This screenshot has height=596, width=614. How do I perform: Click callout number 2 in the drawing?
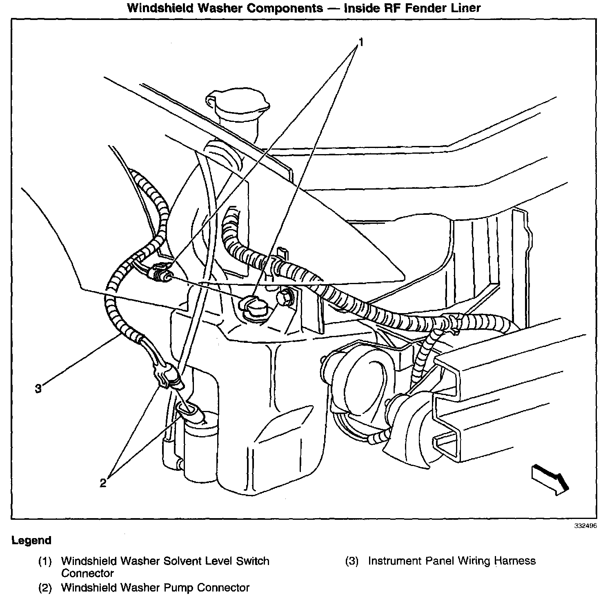pyautogui.click(x=103, y=483)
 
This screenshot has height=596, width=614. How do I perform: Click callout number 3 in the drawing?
pyautogui.click(x=38, y=389)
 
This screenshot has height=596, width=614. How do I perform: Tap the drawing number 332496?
pyautogui.click(x=585, y=526)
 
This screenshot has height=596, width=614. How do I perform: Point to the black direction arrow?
pyautogui.click(x=549, y=479)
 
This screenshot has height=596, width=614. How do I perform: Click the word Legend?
pyautogui.click(x=31, y=541)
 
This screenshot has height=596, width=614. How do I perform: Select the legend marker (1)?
pyautogui.click(x=45, y=561)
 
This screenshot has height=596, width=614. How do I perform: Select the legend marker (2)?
pyautogui.click(x=45, y=587)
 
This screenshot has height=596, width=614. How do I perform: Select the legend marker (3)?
pyautogui.click(x=352, y=561)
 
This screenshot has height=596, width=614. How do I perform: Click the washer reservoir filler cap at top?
pyautogui.click(x=238, y=104)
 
